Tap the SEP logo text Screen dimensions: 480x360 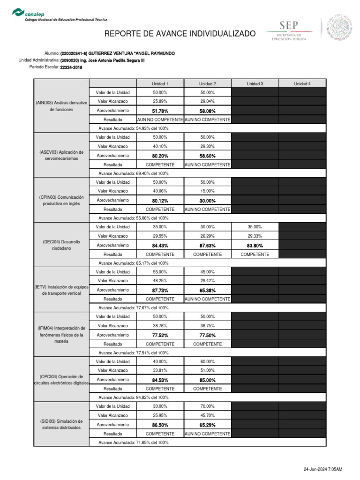[x=288, y=26]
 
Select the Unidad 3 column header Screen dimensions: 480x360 [x=255, y=83]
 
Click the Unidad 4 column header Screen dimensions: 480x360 [x=302, y=83]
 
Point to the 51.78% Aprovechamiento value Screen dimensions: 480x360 [x=160, y=111]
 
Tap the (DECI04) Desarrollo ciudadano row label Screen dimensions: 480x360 [x=61, y=245]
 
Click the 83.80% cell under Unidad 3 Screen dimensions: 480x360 [x=255, y=245]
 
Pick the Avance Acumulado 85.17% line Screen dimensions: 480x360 [x=134, y=263]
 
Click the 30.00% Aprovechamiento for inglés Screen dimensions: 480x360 [x=208, y=201]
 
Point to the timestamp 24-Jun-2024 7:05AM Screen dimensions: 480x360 [x=323, y=469]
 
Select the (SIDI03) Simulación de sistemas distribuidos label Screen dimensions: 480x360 [x=61, y=424]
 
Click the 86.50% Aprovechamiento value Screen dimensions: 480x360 [x=160, y=425]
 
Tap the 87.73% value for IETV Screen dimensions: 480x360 [x=160, y=290]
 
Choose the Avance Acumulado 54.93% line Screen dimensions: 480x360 [x=134, y=128]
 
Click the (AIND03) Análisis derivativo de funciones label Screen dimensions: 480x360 [x=61, y=106]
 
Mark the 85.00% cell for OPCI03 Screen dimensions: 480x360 [x=208, y=380]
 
